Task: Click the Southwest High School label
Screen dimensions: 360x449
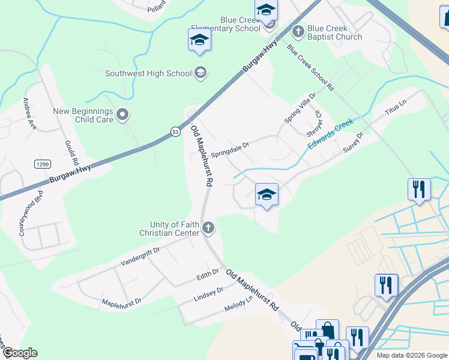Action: pyautogui.click(x=148, y=74)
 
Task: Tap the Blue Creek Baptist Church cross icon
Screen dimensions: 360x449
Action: pyautogui.click(x=298, y=30)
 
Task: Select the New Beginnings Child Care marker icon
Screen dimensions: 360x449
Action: pyautogui.click(x=123, y=115)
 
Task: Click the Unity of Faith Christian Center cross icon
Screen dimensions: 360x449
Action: pyautogui.click(x=208, y=227)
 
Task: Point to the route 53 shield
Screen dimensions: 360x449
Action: pyautogui.click(x=175, y=131)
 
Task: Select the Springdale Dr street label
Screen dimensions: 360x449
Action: pyautogui.click(x=229, y=146)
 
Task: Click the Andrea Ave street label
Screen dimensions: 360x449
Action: pyautogui.click(x=29, y=113)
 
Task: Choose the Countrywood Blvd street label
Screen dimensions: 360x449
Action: pyautogui.click(x=31, y=214)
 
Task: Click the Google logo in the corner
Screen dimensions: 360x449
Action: pyautogui.click(x=19, y=353)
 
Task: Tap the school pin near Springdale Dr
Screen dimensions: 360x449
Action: pyautogui.click(x=267, y=195)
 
